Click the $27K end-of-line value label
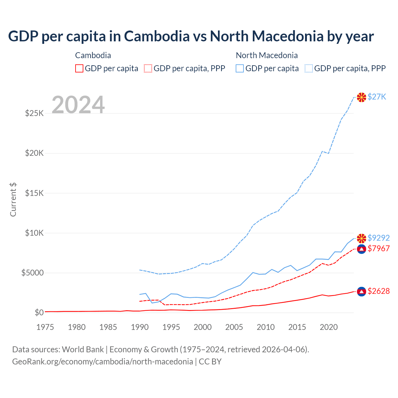[377, 97]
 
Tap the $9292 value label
[378, 238]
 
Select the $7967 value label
[378, 248]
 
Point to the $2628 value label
[378, 291]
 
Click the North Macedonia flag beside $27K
[361, 97]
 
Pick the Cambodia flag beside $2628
[361, 291]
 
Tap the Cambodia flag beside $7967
[361, 249]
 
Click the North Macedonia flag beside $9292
[361, 238]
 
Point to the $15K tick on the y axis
[34, 193]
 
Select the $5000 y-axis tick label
[32, 273]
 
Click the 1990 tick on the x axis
[140, 327]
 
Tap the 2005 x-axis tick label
[234, 327]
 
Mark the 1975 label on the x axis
[45, 327]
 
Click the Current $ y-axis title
[13, 199]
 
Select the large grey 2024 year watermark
[78, 105]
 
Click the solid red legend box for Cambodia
[79, 68]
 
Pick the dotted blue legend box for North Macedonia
[309, 68]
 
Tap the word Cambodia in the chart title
[157, 36]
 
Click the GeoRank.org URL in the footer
[103, 362]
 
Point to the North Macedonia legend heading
[267, 55]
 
